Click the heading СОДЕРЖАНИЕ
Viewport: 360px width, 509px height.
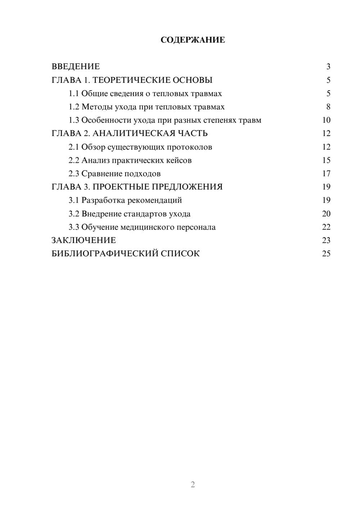(x=193, y=40)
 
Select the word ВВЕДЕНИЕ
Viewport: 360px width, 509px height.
(x=76, y=67)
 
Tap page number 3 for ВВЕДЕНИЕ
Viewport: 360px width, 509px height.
(x=328, y=67)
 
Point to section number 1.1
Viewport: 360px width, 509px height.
(x=74, y=94)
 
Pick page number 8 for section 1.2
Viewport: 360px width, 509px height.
(x=328, y=107)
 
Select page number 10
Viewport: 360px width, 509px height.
(x=326, y=120)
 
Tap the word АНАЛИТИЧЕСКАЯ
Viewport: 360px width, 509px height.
(x=134, y=134)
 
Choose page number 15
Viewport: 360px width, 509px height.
(x=326, y=161)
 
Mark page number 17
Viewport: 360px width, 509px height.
(x=326, y=174)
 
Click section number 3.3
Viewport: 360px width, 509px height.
(x=74, y=227)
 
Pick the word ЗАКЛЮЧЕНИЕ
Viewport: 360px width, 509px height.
(x=84, y=240)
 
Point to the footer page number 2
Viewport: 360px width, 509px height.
(x=193, y=485)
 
